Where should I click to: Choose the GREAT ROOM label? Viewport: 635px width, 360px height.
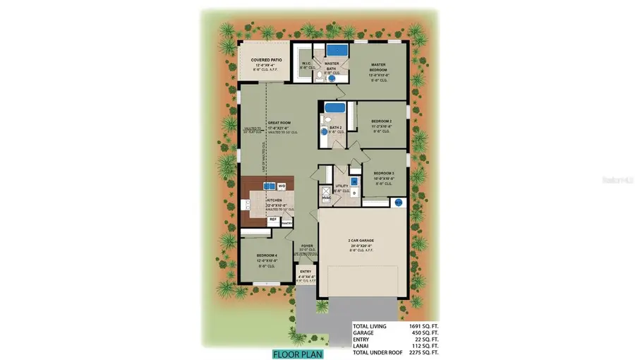click(x=278, y=122)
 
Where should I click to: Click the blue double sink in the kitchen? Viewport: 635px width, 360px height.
click(x=269, y=186)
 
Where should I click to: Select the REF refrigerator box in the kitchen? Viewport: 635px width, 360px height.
click(x=272, y=220)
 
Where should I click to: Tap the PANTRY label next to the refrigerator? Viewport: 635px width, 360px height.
click(x=286, y=220)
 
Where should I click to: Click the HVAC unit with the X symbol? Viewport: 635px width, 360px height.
click(x=326, y=191)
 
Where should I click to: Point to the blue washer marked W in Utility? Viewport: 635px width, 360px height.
click(x=354, y=182)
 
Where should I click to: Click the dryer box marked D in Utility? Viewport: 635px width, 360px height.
click(x=354, y=192)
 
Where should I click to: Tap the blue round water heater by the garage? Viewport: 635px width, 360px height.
click(x=398, y=203)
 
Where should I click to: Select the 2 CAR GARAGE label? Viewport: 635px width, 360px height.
click(x=361, y=241)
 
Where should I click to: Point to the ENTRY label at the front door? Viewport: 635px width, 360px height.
click(x=306, y=272)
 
